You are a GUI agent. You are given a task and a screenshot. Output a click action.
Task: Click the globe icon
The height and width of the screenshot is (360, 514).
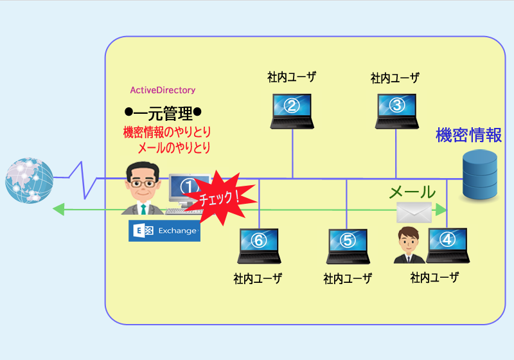(29, 181)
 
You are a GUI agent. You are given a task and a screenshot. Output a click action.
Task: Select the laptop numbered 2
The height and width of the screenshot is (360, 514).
(292, 111)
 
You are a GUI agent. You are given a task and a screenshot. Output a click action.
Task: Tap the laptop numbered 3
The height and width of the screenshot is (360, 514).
(396, 111)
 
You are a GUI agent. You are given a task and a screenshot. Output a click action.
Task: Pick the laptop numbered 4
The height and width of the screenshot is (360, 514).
(448, 246)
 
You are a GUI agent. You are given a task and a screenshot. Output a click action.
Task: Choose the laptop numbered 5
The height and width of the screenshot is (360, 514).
(348, 246)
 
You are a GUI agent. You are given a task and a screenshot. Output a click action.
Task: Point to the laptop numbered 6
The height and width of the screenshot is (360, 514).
(259, 246)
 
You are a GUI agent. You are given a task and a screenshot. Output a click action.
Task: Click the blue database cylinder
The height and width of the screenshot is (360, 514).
(480, 174)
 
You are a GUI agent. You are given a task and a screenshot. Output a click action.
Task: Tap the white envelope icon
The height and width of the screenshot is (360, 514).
(414, 212)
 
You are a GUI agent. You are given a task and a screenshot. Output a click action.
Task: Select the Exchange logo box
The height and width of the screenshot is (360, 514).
(164, 231)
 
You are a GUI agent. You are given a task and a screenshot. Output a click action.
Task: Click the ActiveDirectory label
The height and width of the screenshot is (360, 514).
(163, 90)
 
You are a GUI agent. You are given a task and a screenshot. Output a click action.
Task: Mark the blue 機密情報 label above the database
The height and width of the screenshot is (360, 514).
(469, 135)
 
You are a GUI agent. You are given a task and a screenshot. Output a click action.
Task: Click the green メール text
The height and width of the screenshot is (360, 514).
(412, 192)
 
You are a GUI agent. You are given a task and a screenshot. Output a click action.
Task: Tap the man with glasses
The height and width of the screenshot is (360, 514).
(143, 188)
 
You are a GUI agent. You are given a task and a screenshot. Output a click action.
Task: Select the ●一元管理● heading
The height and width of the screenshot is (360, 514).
(163, 113)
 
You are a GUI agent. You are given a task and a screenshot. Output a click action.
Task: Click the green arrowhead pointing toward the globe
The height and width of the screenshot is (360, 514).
(58, 209)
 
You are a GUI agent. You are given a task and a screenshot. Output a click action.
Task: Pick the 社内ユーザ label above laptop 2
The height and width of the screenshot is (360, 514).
(292, 77)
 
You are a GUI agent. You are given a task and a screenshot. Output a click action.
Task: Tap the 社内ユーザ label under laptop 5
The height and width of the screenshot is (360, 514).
(348, 279)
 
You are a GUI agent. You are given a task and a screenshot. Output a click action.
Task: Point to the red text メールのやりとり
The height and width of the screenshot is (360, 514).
(174, 148)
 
